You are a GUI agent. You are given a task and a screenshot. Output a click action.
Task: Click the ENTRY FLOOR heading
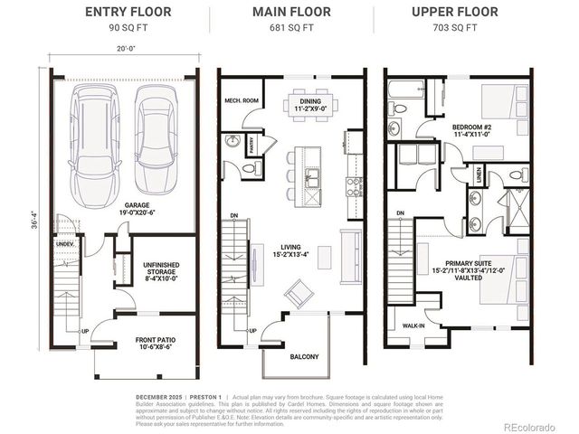[124, 12]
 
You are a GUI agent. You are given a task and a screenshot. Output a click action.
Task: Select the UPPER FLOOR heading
[455, 12]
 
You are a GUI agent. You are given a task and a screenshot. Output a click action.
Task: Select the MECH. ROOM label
[242, 101]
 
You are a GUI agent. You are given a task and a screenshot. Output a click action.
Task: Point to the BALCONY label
[304, 356]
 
